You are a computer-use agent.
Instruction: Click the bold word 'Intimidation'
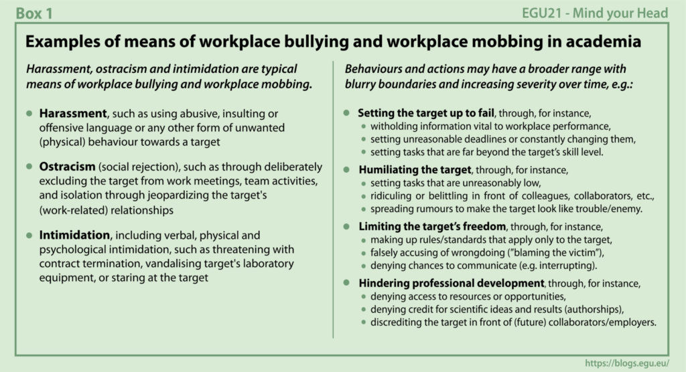pos(74,236)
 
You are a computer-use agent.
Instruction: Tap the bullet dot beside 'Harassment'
pos(29,113)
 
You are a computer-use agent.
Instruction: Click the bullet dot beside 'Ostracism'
pos(29,167)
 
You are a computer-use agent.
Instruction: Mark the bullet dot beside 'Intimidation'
pos(29,236)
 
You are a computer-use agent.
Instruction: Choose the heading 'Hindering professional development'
pos(451,283)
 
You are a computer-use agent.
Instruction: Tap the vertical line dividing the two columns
pos(333,201)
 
